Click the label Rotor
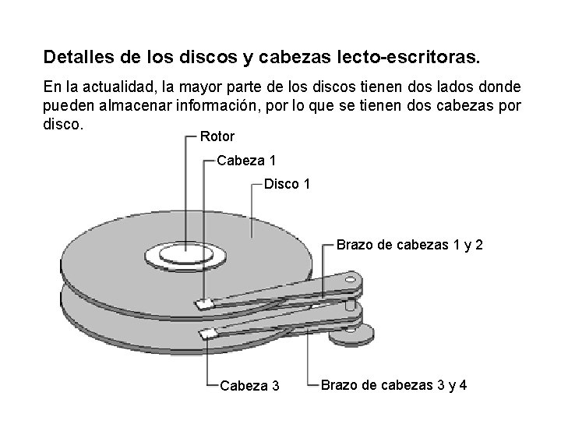coord(217,136)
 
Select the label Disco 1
coord(288,185)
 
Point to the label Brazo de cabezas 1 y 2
coord(410,245)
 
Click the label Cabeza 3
coord(250,384)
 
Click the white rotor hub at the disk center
coord(185,253)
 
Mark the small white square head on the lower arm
coord(208,334)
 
